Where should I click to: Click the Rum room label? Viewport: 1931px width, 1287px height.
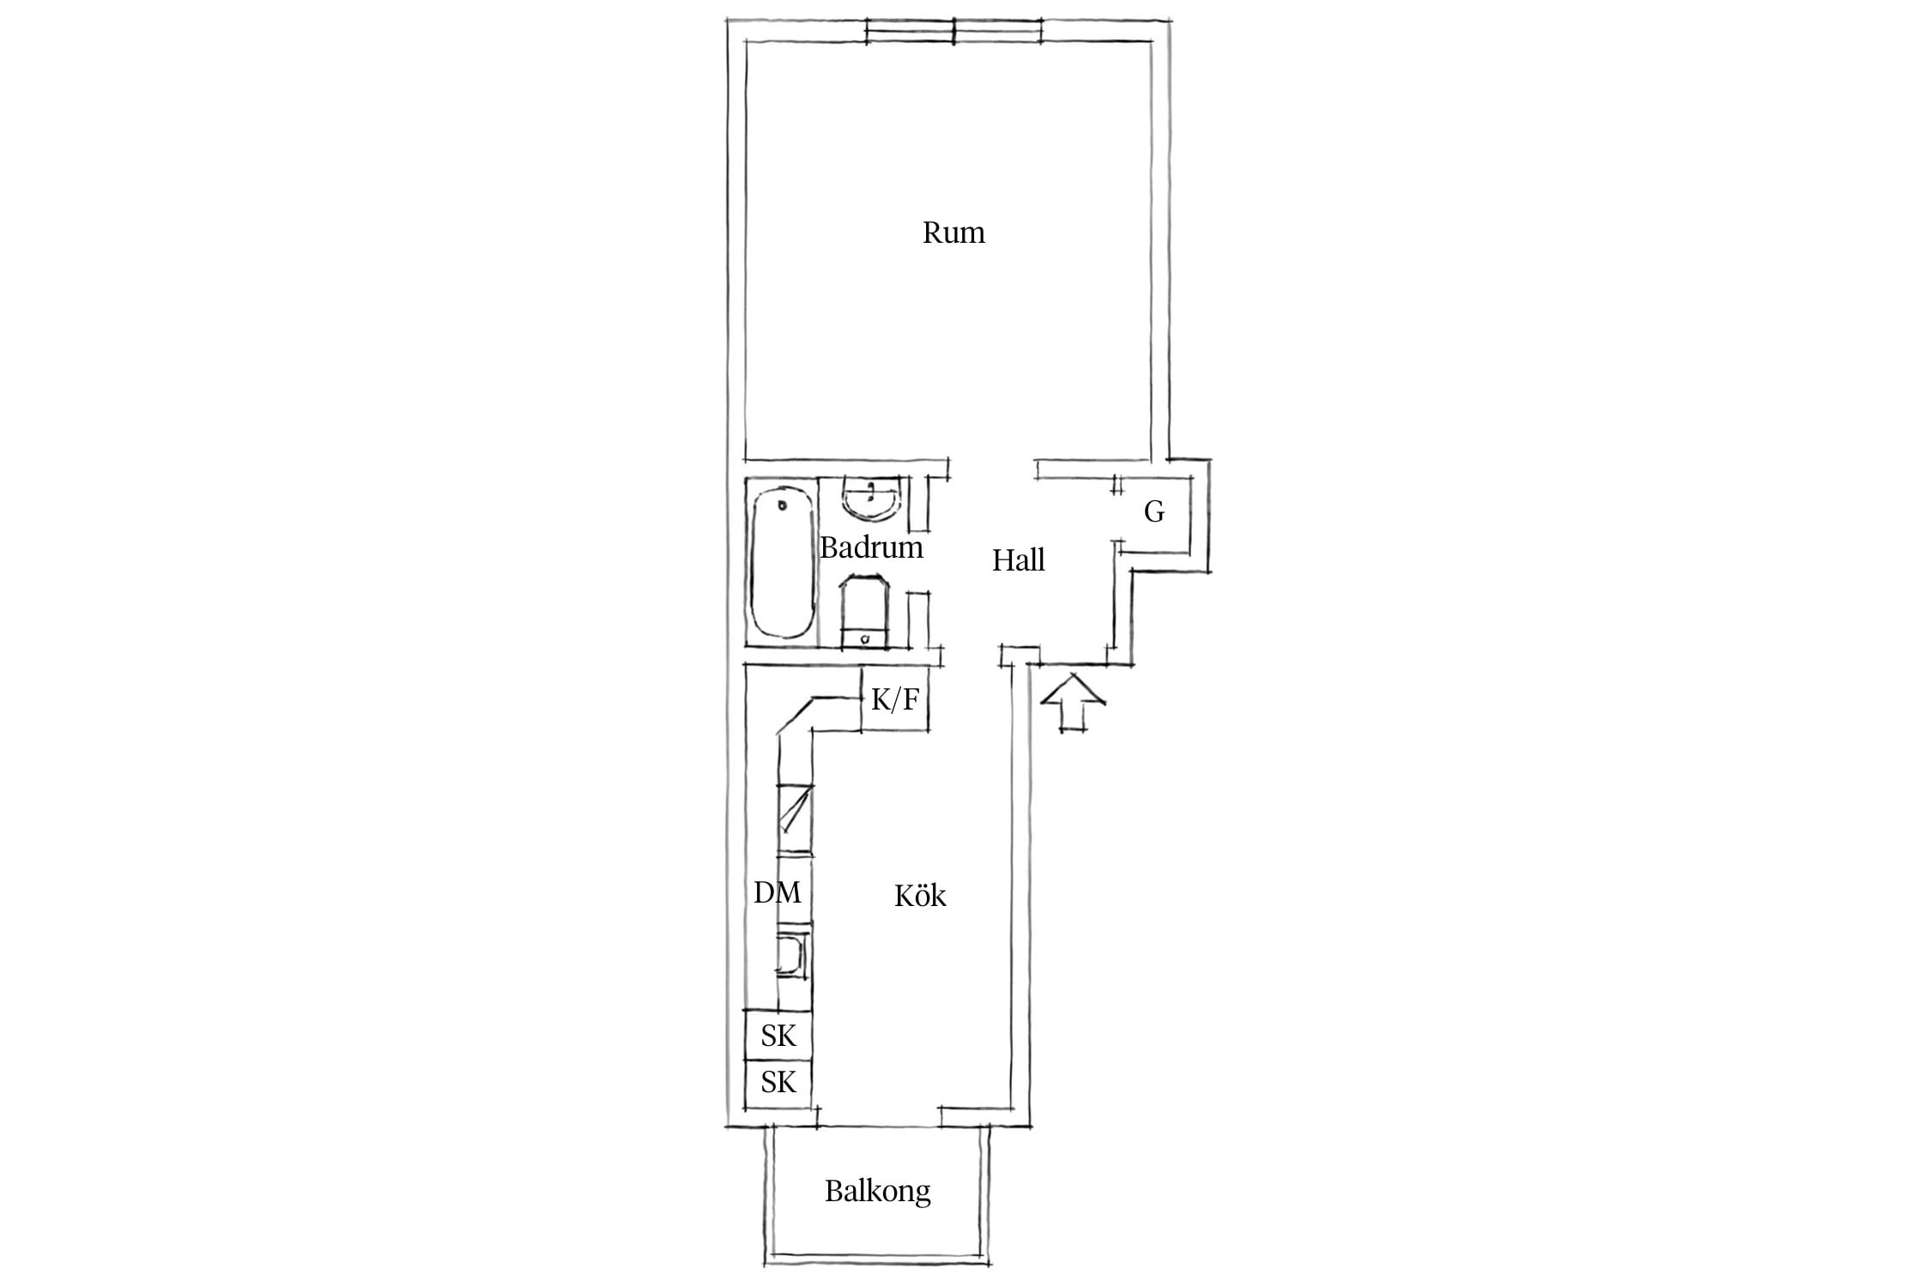pyautogui.click(x=953, y=233)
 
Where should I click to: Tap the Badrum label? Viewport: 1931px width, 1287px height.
pyautogui.click(x=871, y=547)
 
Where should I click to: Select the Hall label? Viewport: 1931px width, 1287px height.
pyautogui.click(x=1019, y=560)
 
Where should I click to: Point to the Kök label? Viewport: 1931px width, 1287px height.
pyautogui.click(x=920, y=895)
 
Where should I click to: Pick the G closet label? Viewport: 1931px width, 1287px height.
pyautogui.click(x=1154, y=512)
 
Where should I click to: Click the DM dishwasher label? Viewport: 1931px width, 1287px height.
pyautogui.click(x=778, y=893)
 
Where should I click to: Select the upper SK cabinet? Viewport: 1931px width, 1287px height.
pyautogui.click(x=778, y=1035)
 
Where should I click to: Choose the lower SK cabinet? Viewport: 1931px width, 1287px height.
pyautogui.click(x=778, y=1083)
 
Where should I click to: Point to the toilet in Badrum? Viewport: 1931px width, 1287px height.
pyautogui.click(x=865, y=611)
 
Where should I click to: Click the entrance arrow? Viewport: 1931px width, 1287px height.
pyautogui.click(x=1073, y=703)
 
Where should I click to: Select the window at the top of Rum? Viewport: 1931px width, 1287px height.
pyautogui.click(x=953, y=31)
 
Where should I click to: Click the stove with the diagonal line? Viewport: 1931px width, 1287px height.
pyautogui.click(x=795, y=819)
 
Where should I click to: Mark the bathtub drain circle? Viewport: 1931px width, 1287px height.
pyautogui.click(x=782, y=505)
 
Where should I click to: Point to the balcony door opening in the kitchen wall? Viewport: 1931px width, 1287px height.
pyautogui.click(x=879, y=1125)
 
